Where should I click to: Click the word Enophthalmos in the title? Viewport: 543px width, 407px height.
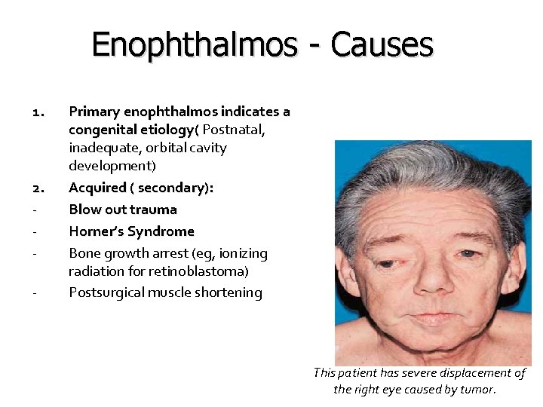click(194, 45)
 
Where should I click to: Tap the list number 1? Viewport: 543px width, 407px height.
click(40, 112)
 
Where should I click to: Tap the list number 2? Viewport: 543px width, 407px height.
click(40, 187)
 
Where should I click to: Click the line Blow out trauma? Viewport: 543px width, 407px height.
click(123, 209)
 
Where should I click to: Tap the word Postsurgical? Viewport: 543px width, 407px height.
click(106, 292)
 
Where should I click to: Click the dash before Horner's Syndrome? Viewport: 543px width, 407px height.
click(36, 231)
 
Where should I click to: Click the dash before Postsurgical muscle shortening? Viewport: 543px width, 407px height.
click(36, 292)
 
